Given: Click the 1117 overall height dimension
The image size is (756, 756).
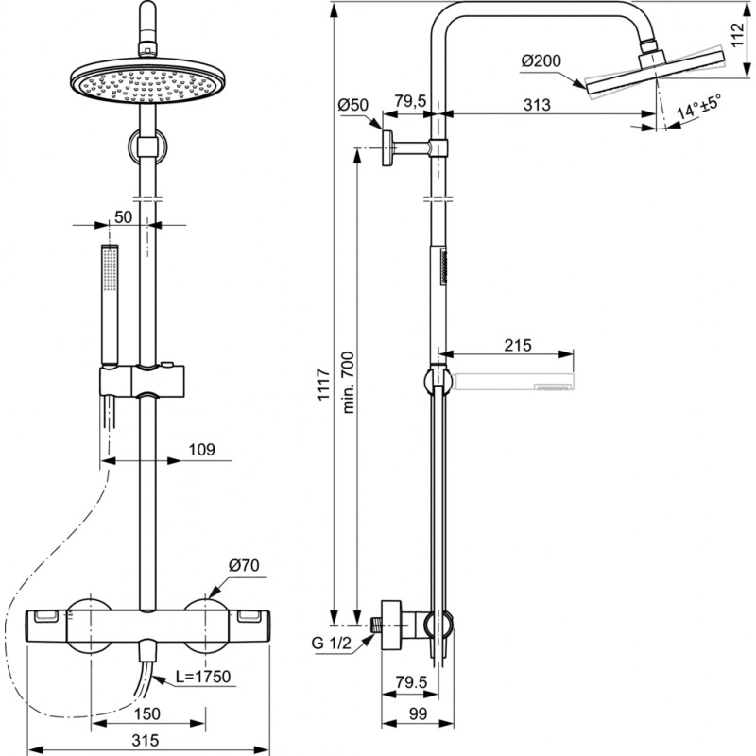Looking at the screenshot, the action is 323,384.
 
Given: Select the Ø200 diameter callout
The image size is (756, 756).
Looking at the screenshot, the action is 541,61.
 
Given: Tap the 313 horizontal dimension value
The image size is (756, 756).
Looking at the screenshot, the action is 537,104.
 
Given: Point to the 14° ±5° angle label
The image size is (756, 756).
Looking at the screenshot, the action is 698,106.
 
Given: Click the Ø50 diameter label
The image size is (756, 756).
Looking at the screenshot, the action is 352,105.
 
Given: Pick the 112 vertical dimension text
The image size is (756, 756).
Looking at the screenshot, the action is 738,34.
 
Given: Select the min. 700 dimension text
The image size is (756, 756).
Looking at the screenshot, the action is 348,383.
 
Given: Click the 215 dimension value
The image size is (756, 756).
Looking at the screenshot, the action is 518,345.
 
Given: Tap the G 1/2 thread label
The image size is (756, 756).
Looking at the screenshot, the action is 332,643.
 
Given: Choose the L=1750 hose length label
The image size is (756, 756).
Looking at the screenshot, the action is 202,677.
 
